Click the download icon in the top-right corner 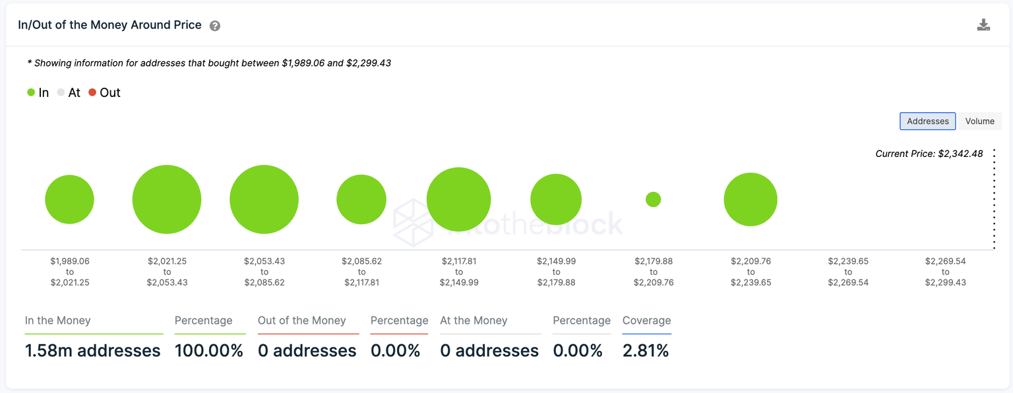[x=983, y=25]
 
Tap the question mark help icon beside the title [x=215, y=26]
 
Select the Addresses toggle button [x=927, y=121]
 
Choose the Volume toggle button [x=979, y=121]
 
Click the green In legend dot [x=31, y=93]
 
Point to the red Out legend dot [x=93, y=93]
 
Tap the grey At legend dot [x=61, y=93]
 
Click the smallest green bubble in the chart [x=653, y=199]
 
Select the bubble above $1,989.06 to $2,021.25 [x=70, y=199]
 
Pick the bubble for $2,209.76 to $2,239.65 [x=751, y=199]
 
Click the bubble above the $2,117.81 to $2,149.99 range [x=458, y=199]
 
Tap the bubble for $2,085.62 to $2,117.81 [x=361, y=199]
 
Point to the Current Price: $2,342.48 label [x=929, y=154]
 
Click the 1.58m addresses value [x=93, y=351]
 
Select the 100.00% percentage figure [x=209, y=351]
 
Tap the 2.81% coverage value [x=646, y=351]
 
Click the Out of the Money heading [x=301, y=320]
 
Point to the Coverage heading [x=646, y=320]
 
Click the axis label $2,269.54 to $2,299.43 [x=945, y=272]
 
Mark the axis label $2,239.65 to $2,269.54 [x=848, y=272]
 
